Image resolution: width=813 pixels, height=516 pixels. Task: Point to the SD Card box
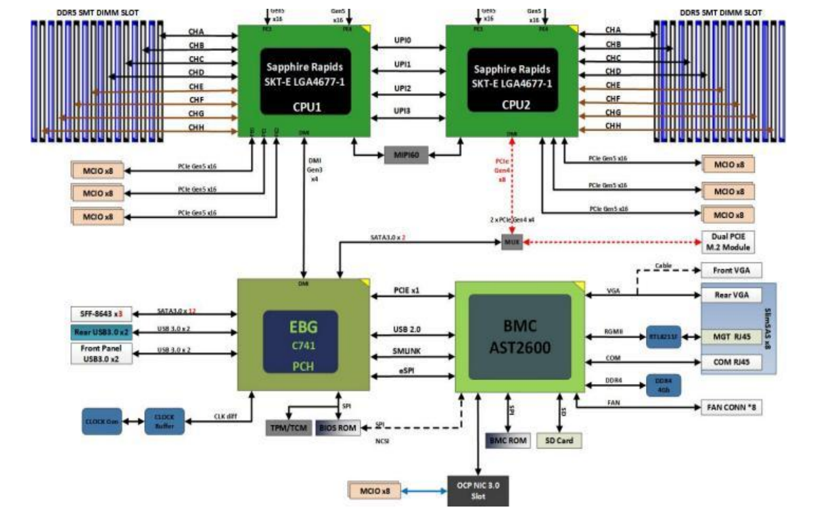(x=559, y=440)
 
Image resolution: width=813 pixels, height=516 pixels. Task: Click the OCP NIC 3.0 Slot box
(x=478, y=491)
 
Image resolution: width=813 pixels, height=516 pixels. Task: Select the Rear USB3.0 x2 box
(x=102, y=333)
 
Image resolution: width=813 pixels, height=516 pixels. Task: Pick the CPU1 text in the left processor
(x=305, y=105)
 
